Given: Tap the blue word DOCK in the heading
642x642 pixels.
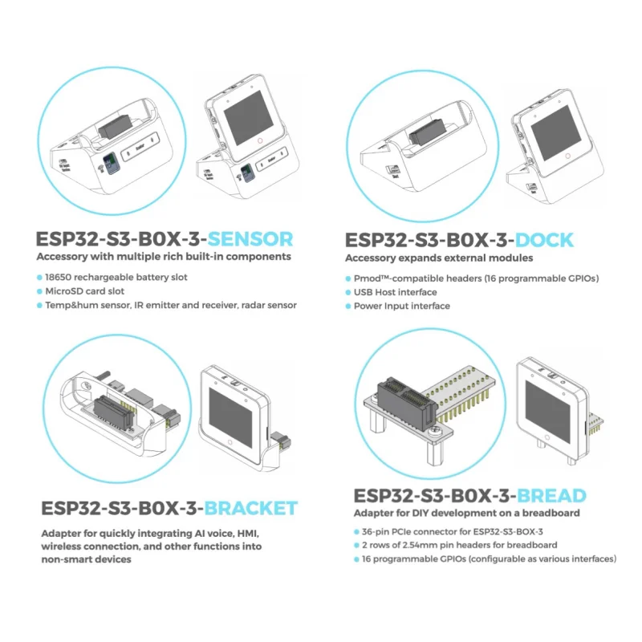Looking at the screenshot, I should tap(544, 240).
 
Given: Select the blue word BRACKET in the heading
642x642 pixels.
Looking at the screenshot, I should tap(250, 508).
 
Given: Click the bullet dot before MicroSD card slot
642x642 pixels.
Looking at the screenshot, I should tap(40, 291).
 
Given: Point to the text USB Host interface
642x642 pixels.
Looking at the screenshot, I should tap(396, 292).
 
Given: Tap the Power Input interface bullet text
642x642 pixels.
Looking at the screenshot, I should tap(402, 306).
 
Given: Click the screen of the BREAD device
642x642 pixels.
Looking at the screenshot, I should tap(551, 408).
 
